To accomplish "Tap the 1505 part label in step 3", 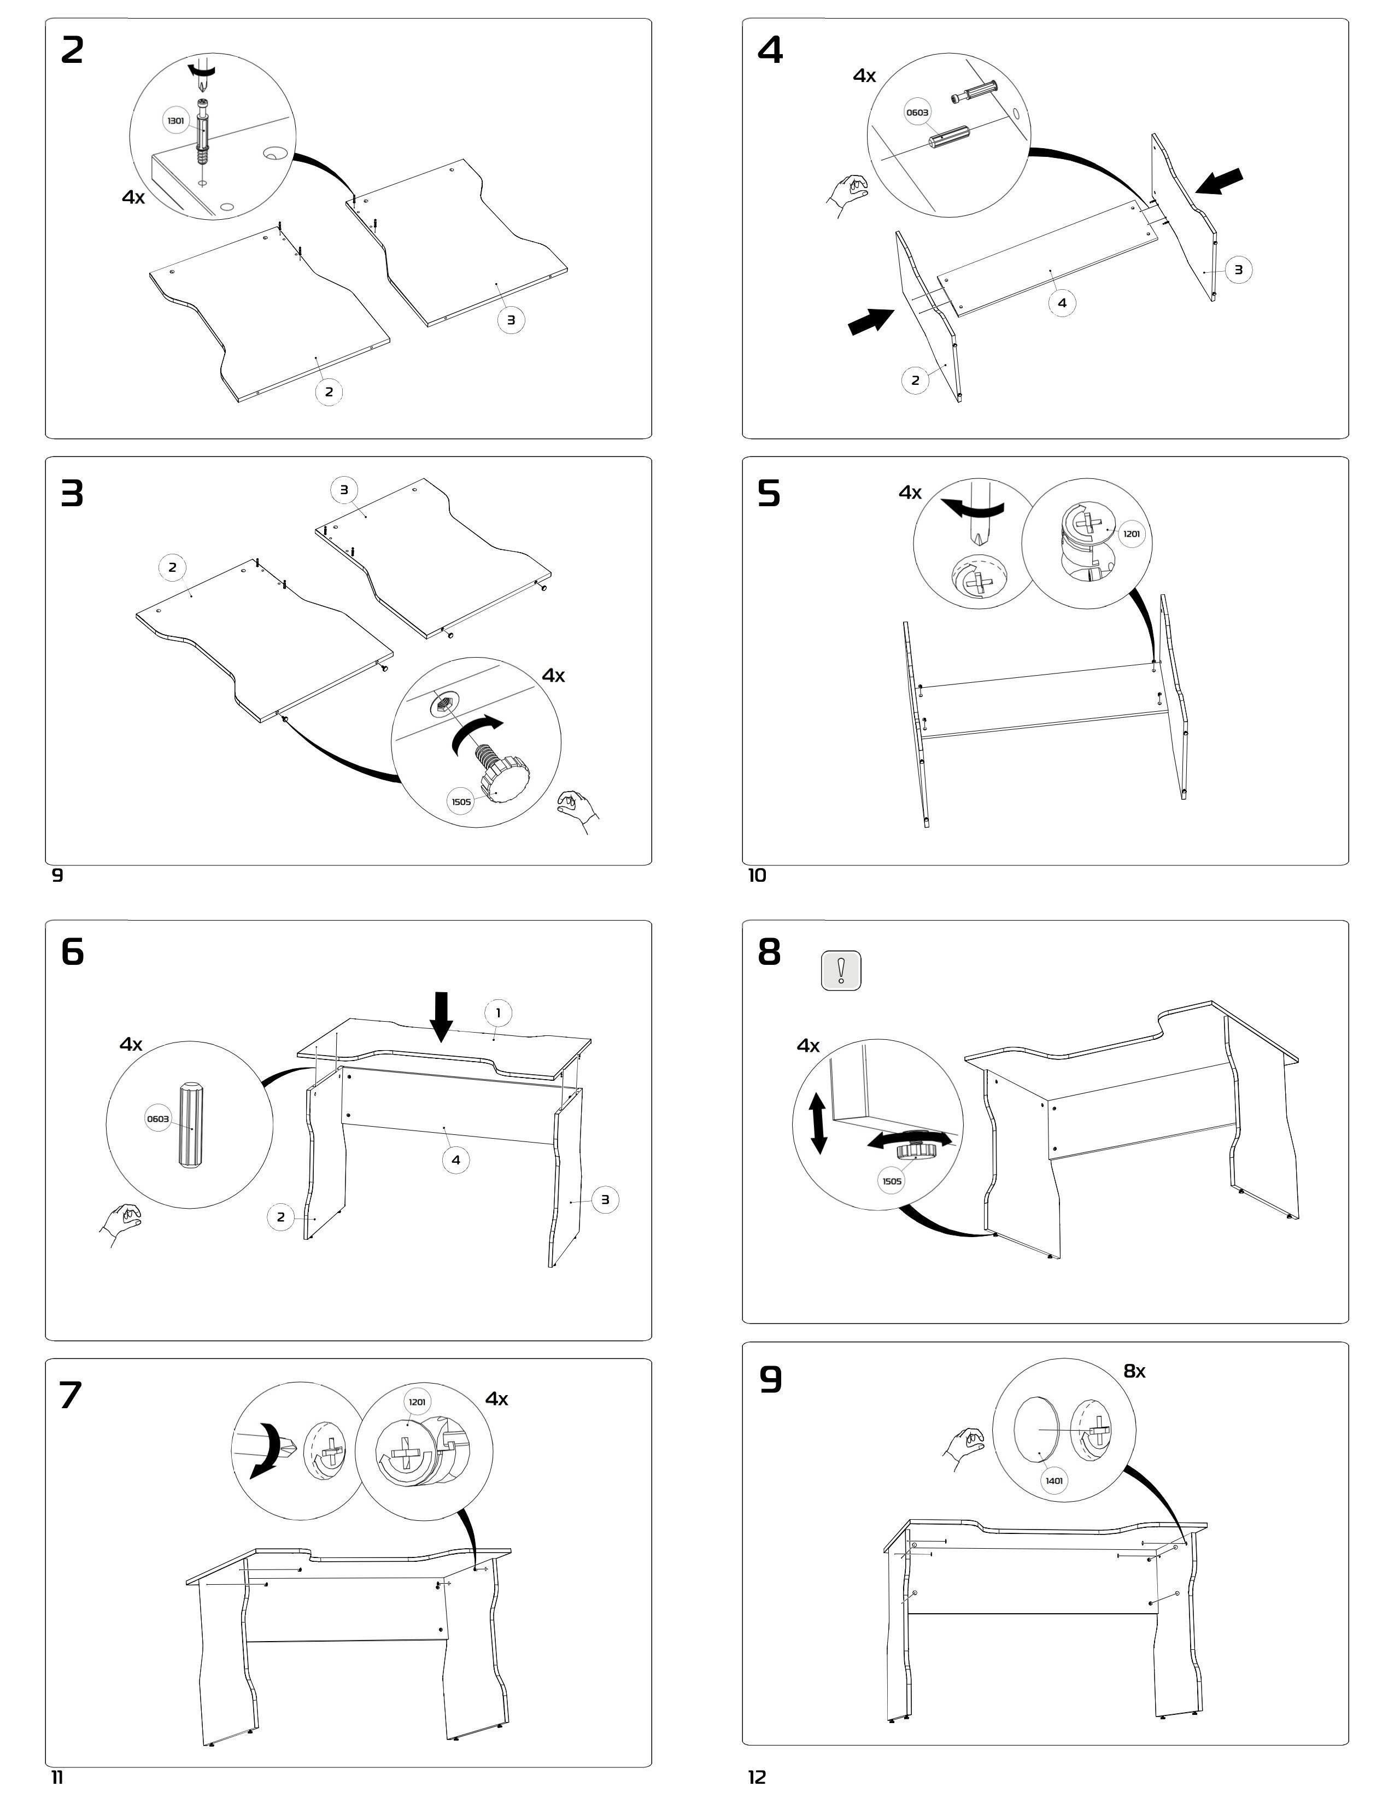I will (461, 801).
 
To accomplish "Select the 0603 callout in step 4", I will (917, 112).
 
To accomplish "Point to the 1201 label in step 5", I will (1132, 534).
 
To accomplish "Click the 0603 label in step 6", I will (158, 1119).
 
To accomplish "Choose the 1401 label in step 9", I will (1054, 1480).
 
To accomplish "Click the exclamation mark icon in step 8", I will (841, 970).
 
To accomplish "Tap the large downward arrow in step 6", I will (442, 1016).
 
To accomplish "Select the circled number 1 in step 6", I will (498, 1012).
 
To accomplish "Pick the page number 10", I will (757, 876).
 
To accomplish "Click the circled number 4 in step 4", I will (1062, 303).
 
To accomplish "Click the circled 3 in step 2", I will (511, 320).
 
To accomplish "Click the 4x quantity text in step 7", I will (496, 1398).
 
